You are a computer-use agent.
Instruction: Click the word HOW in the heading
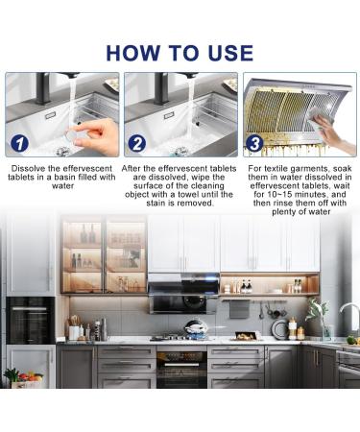(133, 53)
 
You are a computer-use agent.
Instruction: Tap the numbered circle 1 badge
(19, 143)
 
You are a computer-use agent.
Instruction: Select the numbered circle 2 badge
(137, 143)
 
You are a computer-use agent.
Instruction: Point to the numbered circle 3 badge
(254, 143)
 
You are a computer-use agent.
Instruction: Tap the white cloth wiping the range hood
(319, 118)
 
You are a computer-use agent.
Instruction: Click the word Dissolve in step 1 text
(27, 169)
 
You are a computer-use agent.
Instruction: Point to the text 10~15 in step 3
(276, 195)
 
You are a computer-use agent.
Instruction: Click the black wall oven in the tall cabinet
(31, 321)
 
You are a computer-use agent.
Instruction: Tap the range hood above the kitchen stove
(183, 293)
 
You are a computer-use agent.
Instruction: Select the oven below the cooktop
(181, 367)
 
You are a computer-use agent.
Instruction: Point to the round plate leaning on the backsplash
(280, 329)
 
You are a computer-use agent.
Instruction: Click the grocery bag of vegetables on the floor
(24, 379)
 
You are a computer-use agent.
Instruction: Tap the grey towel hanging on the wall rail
(239, 309)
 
